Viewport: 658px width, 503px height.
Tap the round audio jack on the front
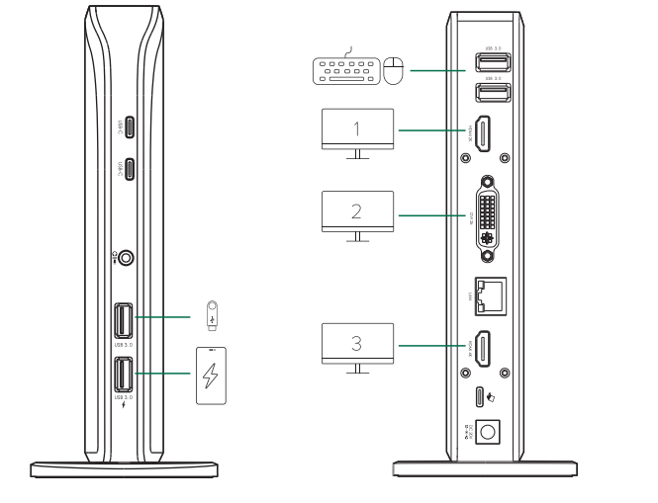[126, 258]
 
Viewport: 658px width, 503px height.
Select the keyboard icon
[345, 71]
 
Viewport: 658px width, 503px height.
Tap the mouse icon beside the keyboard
[394, 71]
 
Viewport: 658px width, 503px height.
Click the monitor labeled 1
[358, 129]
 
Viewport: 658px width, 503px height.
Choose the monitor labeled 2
[358, 211]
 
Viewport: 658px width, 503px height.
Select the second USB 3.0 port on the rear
[493, 93]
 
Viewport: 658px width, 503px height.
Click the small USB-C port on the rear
[481, 397]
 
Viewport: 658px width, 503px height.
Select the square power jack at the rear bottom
[488, 432]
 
